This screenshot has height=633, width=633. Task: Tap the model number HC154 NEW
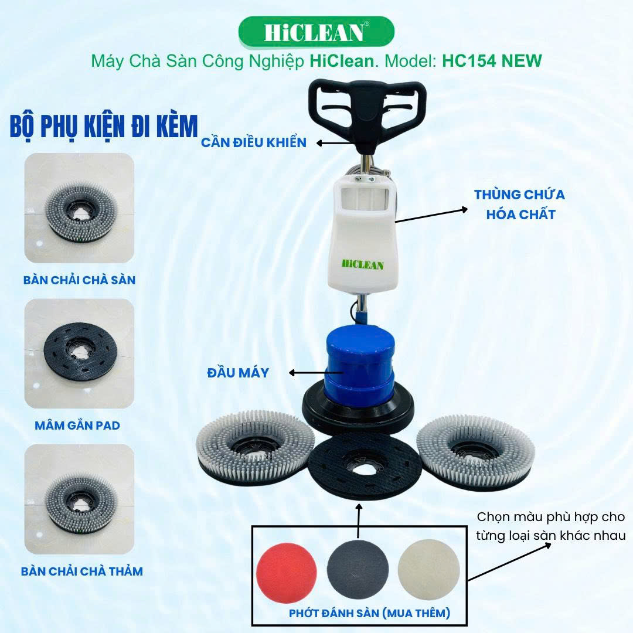(x=492, y=61)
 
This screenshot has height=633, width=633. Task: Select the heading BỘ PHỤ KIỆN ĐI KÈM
(x=104, y=127)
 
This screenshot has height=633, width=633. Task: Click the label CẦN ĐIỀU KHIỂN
(x=254, y=142)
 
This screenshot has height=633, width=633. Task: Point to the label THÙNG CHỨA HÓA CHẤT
(x=519, y=205)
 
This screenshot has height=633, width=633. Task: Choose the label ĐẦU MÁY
(x=238, y=373)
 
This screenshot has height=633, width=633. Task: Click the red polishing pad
(x=286, y=573)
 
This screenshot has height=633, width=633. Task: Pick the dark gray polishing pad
(x=358, y=570)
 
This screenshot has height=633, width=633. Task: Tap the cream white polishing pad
(x=428, y=570)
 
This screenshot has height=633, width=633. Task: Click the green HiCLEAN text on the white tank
(x=363, y=265)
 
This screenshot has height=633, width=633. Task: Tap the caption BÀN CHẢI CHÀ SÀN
(x=79, y=280)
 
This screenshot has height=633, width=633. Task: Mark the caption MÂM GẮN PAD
(x=77, y=426)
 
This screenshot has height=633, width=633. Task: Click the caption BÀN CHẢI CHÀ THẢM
(x=82, y=571)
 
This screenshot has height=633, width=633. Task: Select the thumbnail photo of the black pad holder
(x=79, y=353)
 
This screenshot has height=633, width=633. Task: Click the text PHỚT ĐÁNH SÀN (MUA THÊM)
(x=369, y=613)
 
